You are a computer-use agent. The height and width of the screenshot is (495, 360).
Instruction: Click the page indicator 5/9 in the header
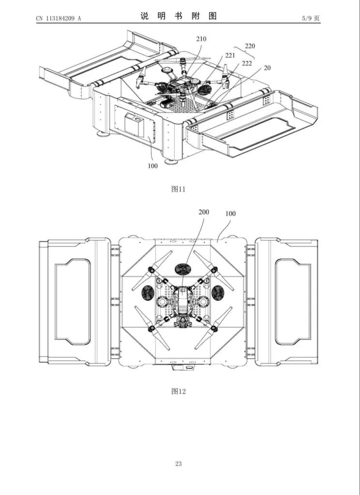pos(310,18)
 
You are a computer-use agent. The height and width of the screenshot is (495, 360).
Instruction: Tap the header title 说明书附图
pos(179,15)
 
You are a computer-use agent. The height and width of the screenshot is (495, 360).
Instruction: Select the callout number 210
pos(201,38)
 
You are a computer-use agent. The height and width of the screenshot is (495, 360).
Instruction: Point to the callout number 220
pos(250,46)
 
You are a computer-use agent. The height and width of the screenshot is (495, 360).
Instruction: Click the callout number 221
pos(230,56)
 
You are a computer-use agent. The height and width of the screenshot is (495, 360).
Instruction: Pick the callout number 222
pos(247,64)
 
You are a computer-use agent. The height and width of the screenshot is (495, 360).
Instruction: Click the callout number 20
pos(267,68)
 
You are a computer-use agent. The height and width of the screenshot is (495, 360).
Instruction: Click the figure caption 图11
pos(179,189)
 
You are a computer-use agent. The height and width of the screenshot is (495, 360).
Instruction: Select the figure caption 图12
pos(179,391)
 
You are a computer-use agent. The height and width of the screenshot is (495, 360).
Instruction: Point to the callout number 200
pos(204,212)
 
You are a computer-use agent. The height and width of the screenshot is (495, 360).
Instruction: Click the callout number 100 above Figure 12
pos(230,213)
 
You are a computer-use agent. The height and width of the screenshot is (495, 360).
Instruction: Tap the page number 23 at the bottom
pos(179,464)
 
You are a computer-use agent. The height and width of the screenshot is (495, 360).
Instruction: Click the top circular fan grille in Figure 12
pos(183,269)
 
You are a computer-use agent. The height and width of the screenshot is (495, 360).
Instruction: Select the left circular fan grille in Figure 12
pos(148,292)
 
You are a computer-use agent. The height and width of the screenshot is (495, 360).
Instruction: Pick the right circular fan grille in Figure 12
pos(218,292)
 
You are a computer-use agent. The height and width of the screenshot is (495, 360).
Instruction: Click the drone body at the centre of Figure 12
pos(182,302)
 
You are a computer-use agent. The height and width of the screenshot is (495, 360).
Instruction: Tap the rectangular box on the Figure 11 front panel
pos(135,124)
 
